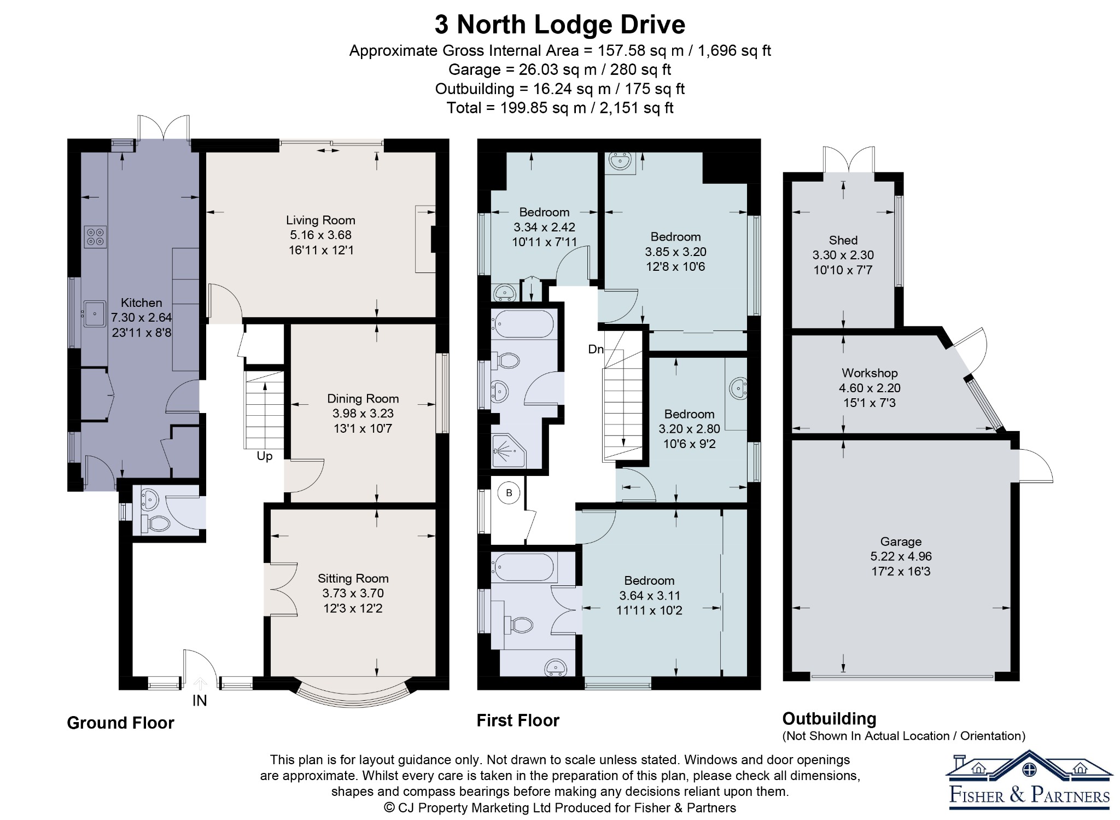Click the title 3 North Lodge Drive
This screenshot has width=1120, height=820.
click(x=560, y=25)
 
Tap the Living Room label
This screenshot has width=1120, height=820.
click(x=320, y=220)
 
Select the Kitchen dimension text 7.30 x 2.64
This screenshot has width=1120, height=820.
click(x=142, y=317)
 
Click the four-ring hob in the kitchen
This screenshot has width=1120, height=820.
click(x=95, y=237)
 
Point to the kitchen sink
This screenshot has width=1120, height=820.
click(x=95, y=314)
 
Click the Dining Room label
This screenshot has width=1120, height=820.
click(x=363, y=399)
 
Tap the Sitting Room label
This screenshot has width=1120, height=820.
click(x=353, y=578)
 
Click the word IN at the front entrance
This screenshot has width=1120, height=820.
click(x=200, y=700)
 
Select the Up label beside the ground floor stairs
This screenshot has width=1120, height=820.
click(x=265, y=456)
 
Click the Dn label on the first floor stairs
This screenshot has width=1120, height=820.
click(x=596, y=349)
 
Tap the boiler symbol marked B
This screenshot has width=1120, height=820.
click(x=509, y=493)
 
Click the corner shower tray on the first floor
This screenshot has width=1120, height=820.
click(x=509, y=451)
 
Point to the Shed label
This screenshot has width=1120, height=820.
click(x=843, y=240)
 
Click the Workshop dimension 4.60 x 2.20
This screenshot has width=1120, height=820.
click(x=870, y=388)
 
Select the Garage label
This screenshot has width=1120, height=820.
click(x=901, y=542)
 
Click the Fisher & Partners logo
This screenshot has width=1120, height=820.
click(x=1029, y=780)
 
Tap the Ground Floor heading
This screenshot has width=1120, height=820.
click(x=120, y=723)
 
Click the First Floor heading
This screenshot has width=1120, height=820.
click(x=518, y=720)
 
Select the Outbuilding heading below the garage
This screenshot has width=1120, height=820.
click(x=829, y=719)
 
